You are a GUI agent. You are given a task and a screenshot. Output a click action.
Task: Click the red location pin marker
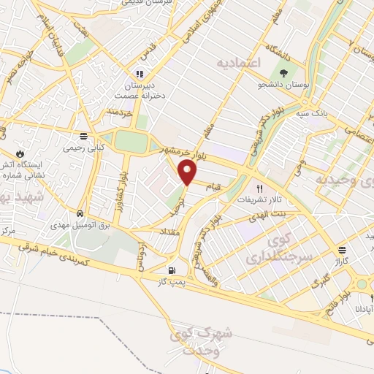coord(188,172)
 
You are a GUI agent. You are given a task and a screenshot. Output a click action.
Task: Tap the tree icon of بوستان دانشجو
coord(283,73)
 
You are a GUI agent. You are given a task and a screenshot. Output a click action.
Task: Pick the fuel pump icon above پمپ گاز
coord(172,268)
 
